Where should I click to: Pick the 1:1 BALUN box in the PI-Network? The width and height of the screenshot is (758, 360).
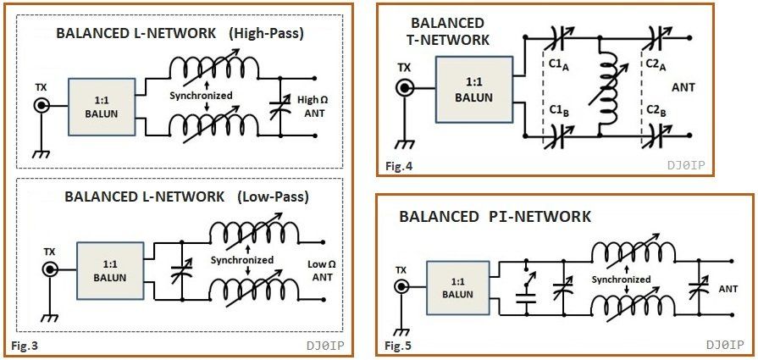tap(457, 288)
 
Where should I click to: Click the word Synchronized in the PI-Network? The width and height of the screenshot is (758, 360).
tap(622, 280)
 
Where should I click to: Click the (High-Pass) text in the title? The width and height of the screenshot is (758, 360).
tap(265, 34)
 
